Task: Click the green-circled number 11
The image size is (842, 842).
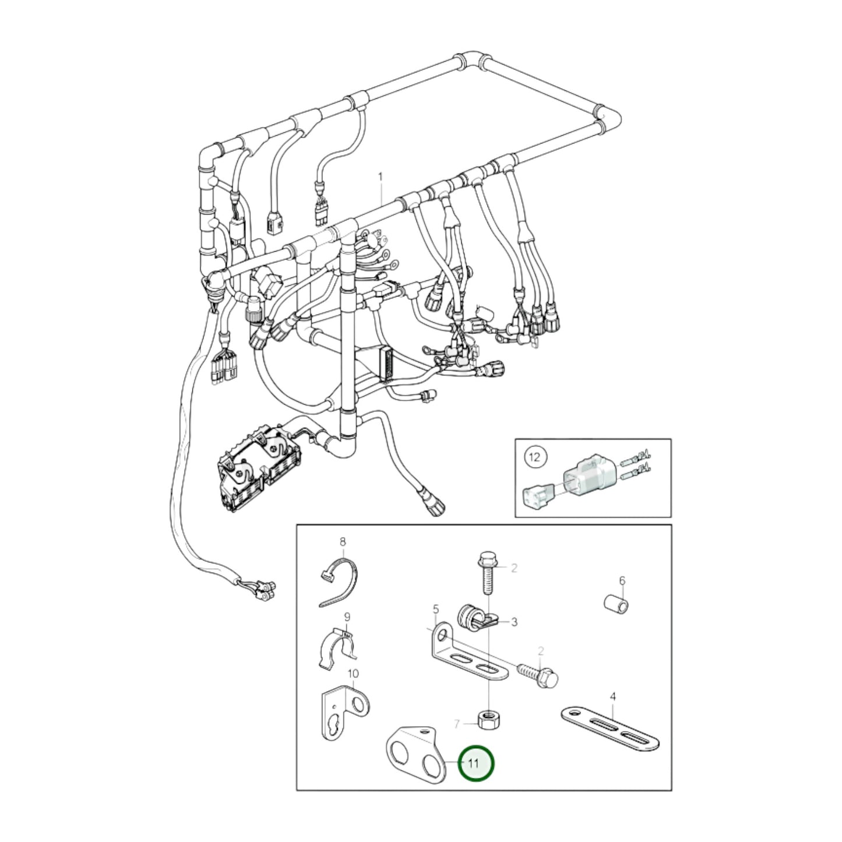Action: (475, 763)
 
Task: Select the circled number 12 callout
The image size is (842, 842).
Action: (534, 457)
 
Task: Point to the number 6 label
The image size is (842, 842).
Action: (622, 580)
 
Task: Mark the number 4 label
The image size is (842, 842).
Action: (612, 696)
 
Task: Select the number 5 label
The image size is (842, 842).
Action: (435, 610)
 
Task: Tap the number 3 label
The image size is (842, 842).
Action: (514, 622)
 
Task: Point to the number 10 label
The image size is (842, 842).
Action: (353, 674)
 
